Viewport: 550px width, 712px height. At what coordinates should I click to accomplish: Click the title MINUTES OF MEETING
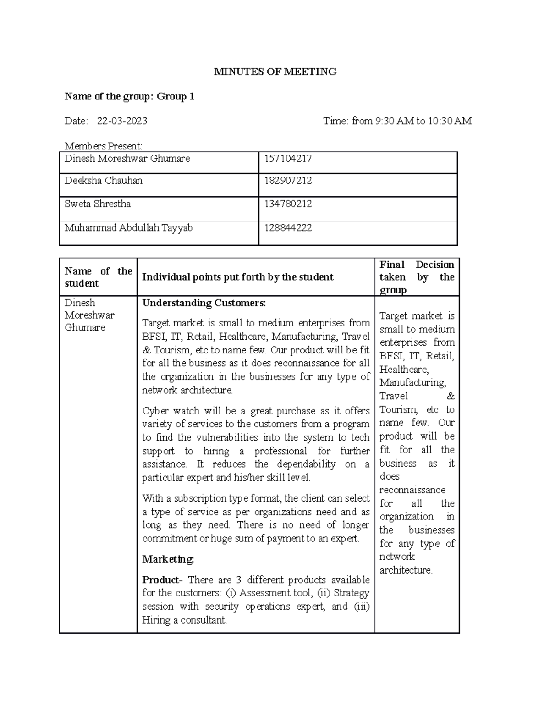click(x=275, y=72)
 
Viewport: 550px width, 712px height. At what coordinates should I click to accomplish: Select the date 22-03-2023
click(x=122, y=121)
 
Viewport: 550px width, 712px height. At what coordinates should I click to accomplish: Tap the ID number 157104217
click(x=288, y=159)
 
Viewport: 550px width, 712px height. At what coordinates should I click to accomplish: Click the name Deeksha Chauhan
click(x=103, y=181)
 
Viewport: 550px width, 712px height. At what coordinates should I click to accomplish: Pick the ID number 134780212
click(x=288, y=204)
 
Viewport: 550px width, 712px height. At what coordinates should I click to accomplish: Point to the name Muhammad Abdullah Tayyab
click(x=128, y=228)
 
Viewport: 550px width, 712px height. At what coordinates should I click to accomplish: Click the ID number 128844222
click(x=288, y=228)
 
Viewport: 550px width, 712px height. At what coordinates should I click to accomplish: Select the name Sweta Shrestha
click(x=98, y=204)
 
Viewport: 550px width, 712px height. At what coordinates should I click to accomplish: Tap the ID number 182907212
click(x=288, y=181)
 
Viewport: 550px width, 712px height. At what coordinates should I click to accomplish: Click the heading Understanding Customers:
click(x=204, y=303)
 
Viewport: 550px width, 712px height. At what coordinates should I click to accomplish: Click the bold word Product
click(x=160, y=580)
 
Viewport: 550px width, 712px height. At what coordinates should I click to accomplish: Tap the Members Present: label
click(x=103, y=146)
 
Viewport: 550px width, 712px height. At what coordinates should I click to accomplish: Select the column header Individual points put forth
click(x=237, y=277)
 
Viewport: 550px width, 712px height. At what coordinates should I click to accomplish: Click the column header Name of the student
click(x=98, y=277)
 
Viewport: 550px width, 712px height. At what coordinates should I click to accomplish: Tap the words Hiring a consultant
click(x=184, y=620)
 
